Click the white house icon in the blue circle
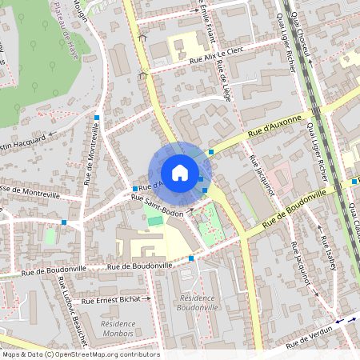(x=180, y=172)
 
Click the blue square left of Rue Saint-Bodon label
(x=134, y=189)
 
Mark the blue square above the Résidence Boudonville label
(x=190, y=258)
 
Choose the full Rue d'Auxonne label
(x=274, y=126)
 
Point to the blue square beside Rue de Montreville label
(x=97, y=118)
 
